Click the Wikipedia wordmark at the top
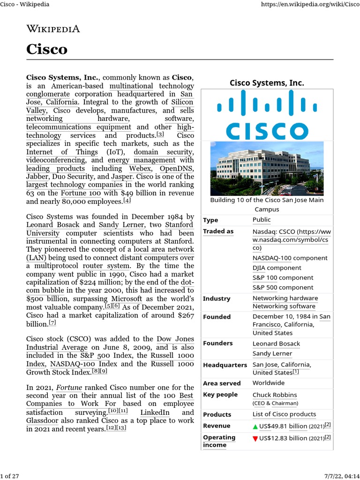pos(53,29)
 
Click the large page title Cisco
pos(47,49)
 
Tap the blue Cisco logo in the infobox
pos(266,115)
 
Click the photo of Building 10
pos(266,168)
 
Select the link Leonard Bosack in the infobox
pos(276,344)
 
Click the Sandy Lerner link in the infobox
pos(272,353)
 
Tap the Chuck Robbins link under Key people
pos(275,395)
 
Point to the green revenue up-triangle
pos(255,426)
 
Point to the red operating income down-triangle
pos(255,438)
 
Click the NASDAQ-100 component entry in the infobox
pos(290,258)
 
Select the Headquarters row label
pos(225,365)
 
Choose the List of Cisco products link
pos(284,414)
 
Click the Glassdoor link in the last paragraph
pos(43,420)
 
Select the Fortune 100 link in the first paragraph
pos(81,193)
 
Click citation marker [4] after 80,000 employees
pos(127,201)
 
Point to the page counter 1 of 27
pos(10,476)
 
